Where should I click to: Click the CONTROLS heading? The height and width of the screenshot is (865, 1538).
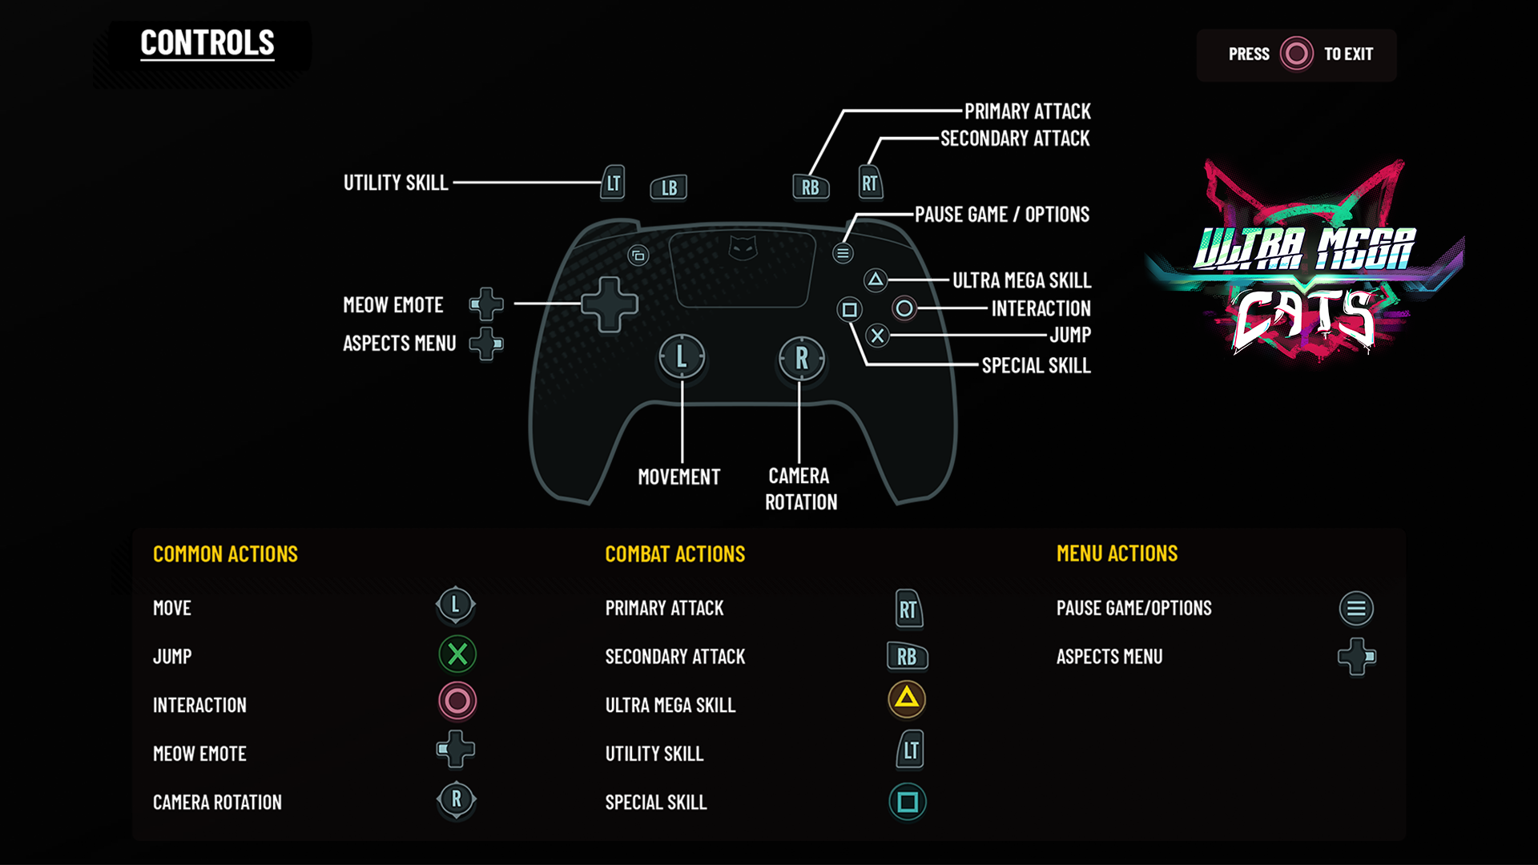207,43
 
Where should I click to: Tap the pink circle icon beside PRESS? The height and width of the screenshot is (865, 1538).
1296,54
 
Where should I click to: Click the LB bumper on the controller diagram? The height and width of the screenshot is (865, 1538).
669,187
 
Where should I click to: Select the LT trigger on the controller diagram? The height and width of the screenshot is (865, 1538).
614,183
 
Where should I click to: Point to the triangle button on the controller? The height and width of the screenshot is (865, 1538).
876,280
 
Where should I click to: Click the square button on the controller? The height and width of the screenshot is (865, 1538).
849,309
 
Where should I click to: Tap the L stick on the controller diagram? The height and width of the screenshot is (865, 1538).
682,356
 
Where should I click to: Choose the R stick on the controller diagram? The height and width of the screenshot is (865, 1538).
801,358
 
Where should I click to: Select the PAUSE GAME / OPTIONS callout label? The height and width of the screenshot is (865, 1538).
1001,215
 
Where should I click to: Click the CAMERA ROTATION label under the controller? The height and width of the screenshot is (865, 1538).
800,489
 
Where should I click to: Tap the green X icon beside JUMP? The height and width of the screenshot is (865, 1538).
457,655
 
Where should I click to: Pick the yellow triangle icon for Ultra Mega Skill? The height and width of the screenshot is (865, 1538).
907,698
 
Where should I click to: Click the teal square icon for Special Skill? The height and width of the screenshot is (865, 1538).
908,802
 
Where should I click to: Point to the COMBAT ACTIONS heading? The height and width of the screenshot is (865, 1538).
674,554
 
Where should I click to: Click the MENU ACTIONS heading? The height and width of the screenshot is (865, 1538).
1117,553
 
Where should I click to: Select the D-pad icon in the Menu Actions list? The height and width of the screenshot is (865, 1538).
1356,657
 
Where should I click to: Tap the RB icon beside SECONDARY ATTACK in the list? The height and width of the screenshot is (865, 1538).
907,657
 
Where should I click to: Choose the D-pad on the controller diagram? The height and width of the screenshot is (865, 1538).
610,304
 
